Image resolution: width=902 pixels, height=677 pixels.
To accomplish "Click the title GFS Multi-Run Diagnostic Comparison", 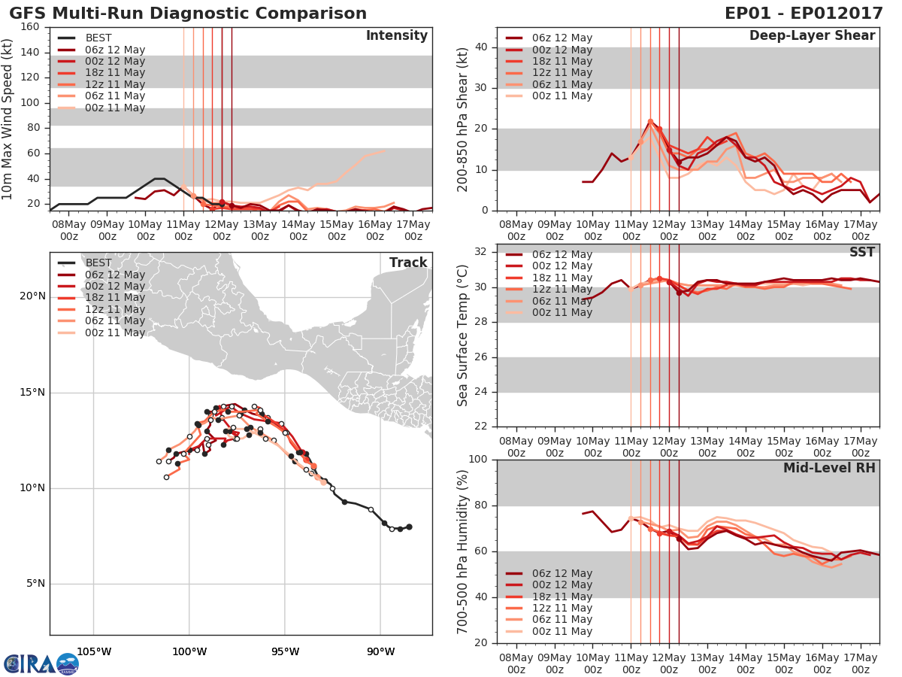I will (188, 14).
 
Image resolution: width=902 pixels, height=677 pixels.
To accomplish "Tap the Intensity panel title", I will (397, 36).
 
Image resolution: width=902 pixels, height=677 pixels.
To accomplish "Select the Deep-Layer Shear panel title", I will (812, 36).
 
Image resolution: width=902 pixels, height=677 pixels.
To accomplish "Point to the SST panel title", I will (861, 253).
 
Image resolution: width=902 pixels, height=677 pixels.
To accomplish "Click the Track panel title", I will (408, 263).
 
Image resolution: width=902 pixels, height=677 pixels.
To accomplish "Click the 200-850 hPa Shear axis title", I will (464, 119).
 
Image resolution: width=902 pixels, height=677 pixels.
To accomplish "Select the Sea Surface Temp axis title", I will (464, 335).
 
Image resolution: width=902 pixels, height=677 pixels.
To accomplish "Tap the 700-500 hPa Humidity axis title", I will (464, 551).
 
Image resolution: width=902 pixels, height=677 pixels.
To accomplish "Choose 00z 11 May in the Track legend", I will (115, 332).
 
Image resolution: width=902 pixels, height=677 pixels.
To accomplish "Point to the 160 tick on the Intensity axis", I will (30, 27).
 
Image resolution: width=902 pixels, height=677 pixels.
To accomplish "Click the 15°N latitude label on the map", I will (32, 393).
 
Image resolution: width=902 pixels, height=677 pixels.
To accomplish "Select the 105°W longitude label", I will (94, 651).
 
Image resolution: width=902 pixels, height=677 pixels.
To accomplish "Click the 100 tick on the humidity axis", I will (477, 460).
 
